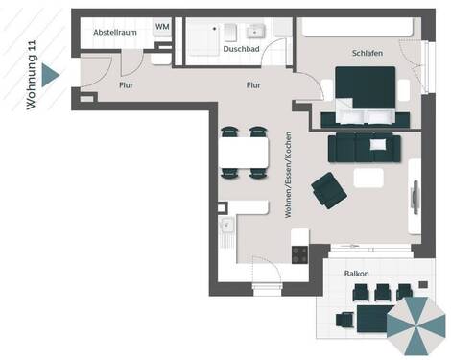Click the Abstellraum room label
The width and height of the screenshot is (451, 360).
[114, 33]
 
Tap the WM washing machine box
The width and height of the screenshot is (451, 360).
[162, 27]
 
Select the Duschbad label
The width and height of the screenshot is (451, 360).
[240, 48]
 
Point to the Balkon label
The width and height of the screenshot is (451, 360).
[359, 273]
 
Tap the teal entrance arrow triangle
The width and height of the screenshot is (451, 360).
[51, 74]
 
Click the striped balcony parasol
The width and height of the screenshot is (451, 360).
[416, 326]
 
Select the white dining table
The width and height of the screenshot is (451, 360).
[244, 152]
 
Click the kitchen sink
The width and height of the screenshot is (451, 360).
[227, 227]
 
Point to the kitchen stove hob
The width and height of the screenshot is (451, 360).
[299, 254]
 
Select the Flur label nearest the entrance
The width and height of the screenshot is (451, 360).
[126, 84]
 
